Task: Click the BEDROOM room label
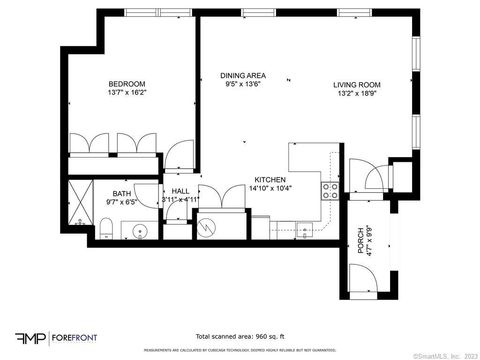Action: tap(127, 84)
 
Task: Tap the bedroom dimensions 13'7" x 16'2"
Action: tap(127, 92)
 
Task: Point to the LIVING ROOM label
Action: tap(355, 84)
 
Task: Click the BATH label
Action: tap(121, 194)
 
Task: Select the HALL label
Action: tap(180, 191)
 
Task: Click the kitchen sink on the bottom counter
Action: tap(299, 229)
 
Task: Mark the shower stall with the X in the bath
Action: tap(79, 203)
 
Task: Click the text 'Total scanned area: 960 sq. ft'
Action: tap(239, 337)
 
